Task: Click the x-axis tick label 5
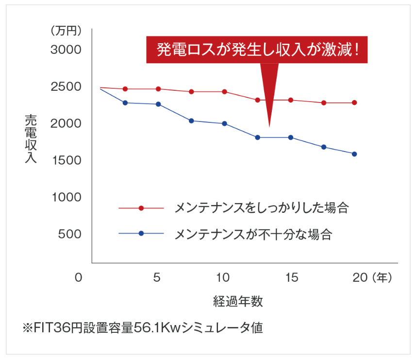[x=157, y=278]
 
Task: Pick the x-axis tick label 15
[x=292, y=278]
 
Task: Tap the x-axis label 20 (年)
[x=372, y=278]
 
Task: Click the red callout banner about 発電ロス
[x=257, y=50]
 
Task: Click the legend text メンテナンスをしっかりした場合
[x=262, y=208]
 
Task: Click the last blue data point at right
[x=354, y=154]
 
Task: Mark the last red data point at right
[x=354, y=103]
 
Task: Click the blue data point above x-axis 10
[x=224, y=123]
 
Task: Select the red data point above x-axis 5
[x=158, y=89]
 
